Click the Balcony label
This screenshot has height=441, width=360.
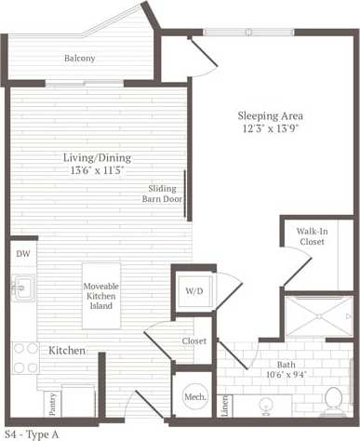coord(79,58)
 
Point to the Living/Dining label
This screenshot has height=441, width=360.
coord(94,157)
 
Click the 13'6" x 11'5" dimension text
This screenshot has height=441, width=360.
coord(94,170)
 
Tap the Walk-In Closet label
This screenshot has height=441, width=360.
coord(312,235)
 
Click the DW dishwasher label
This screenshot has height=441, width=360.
coord(22,252)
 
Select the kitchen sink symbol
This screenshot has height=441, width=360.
coord(21,288)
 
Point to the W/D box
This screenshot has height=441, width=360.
coord(194,291)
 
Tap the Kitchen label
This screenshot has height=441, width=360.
coord(67,351)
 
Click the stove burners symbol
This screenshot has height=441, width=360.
coord(24,357)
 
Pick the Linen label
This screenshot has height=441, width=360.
coord(225,406)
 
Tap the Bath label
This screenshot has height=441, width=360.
coord(287,365)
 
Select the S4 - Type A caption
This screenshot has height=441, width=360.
coord(33,434)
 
